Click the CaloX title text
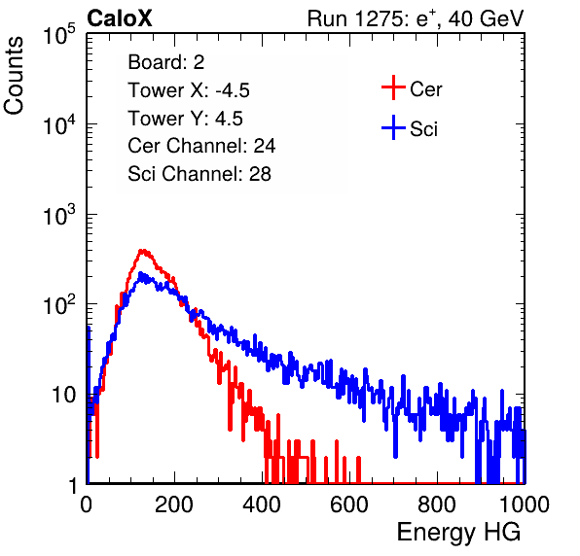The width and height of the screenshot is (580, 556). pos(119,18)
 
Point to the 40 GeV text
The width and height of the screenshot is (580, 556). pos(487,18)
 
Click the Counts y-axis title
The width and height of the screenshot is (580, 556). pos(14,76)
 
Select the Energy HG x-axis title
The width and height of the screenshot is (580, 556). pos(458,533)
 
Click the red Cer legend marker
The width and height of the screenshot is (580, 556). pos(393,87)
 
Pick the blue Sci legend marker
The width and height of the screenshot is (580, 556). pos(393,128)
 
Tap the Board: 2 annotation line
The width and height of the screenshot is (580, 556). pos(166,62)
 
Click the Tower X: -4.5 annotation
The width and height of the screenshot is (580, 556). pos(189,90)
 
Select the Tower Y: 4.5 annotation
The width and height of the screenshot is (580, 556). pos(185,119)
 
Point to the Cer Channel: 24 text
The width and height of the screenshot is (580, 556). pos(201,146)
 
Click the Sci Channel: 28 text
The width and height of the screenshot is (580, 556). pos(199,174)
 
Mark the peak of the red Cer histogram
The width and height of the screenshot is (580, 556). pos(143,251)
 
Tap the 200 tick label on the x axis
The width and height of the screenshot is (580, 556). pos(174,504)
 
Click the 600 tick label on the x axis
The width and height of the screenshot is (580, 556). pos(349,504)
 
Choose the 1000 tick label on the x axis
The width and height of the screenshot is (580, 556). pos(525,504)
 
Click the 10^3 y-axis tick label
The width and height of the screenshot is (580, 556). pos(59,214)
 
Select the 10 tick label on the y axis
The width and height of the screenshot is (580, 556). pos(63,395)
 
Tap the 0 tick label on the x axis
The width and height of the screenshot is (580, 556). pos(87,504)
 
